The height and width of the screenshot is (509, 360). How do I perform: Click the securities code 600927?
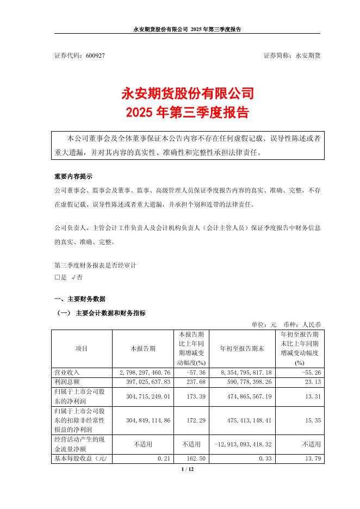[x=95, y=56]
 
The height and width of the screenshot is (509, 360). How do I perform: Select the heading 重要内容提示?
[x=73, y=177]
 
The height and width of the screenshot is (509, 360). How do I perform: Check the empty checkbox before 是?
[x=57, y=277]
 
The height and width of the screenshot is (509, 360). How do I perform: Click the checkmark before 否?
[x=73, y=277]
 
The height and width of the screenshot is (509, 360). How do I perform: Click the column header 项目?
[x=82, y=349]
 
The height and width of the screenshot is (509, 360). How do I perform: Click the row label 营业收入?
[x=67, y=372]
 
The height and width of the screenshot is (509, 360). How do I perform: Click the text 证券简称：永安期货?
[x=291, y=56]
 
